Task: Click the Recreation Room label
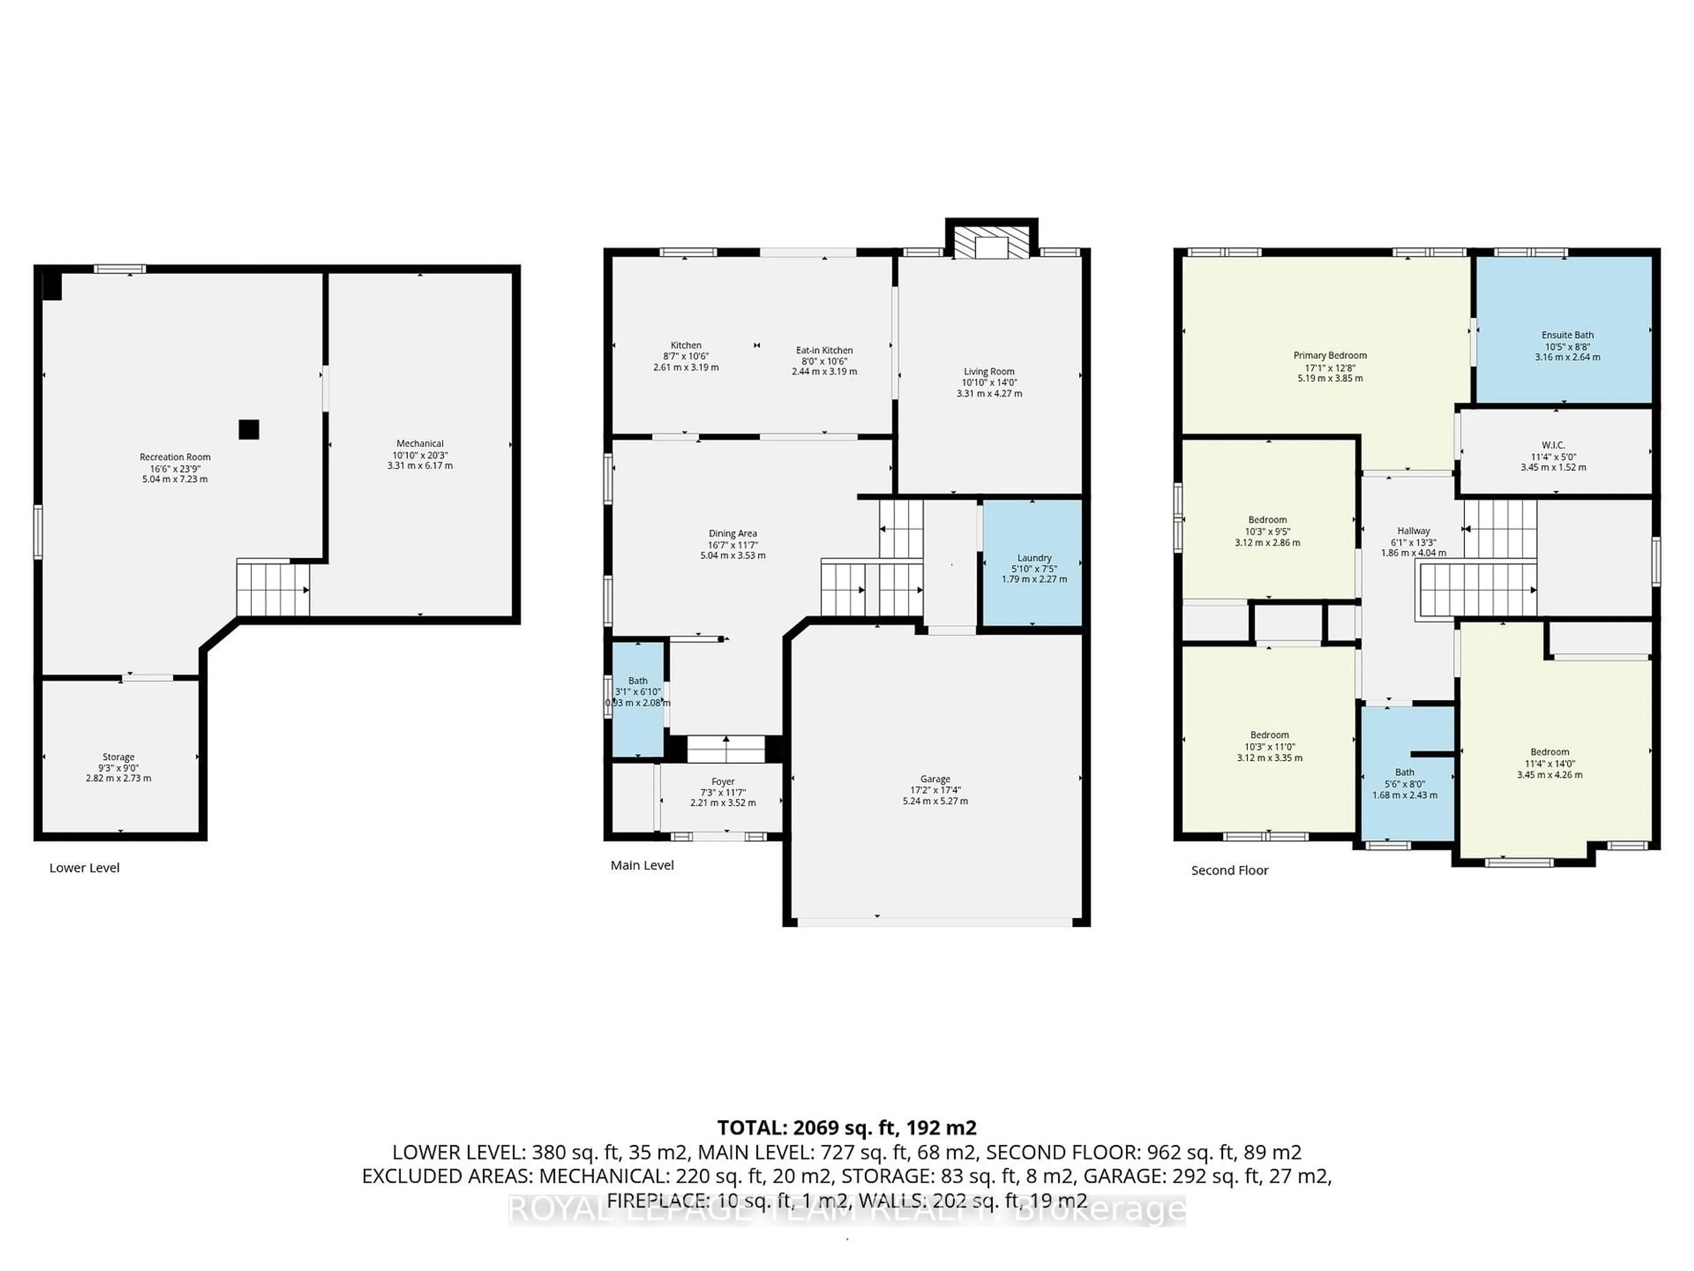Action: click(x=175, y=457)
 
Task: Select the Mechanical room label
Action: click(x=420, y=444)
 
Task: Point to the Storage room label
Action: click(x=119, y=757)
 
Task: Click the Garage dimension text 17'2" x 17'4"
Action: click(x=935, y=790)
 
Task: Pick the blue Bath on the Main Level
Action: click(x=637, y=699)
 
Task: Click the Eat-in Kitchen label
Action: click(x=824, y=350)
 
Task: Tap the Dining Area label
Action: click(x=732, y=533)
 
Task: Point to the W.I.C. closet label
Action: click(x=1553, y=445)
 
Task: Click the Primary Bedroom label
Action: click(x=1330, y=355)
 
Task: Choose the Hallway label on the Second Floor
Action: click(x=1413, y=531)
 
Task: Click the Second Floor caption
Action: click(x=1229, y=870)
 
